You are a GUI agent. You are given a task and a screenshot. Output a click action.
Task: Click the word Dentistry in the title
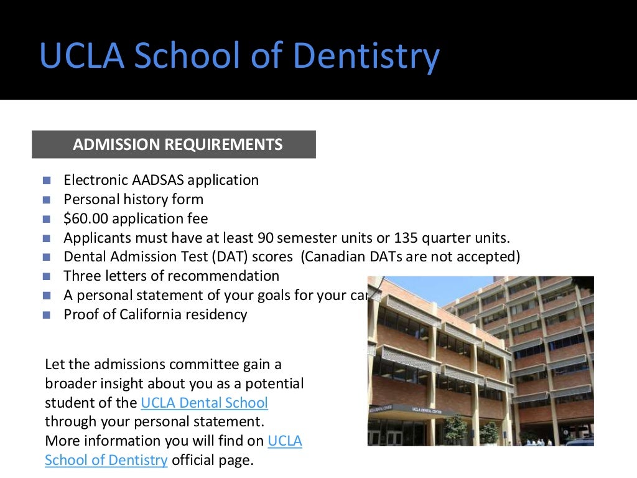point(366,55)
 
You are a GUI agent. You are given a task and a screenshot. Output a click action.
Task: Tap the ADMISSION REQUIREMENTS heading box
point(174,144)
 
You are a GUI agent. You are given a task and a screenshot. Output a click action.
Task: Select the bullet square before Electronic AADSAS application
point(47,180)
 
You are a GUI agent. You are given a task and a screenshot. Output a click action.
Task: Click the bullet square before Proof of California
point(47,315)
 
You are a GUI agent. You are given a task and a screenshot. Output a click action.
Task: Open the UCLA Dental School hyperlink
point(205,403)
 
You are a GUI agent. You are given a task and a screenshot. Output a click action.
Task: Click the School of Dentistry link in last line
point(106,461)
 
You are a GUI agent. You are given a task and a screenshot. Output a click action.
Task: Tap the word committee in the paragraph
point(202,364)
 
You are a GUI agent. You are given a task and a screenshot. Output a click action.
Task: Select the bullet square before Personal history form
point(47,200)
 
